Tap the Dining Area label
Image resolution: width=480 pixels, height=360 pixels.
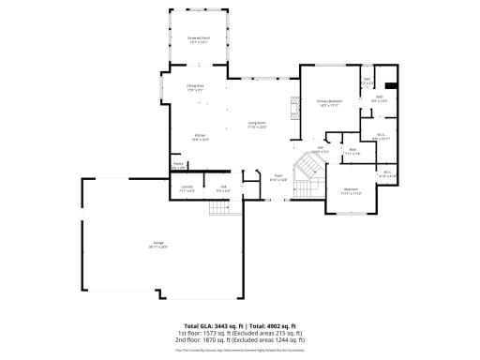coord(194,87)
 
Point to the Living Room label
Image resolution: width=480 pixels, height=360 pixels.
coord(257,125)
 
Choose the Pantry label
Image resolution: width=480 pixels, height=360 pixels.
coord(177,165)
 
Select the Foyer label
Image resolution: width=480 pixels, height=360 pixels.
coord(278,175)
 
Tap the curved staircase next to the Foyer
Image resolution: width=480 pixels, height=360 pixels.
coord(308,171)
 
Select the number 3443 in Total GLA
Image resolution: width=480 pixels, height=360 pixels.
coord(218,324)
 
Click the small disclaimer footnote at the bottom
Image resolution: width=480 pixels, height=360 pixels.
coord(239,351)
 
